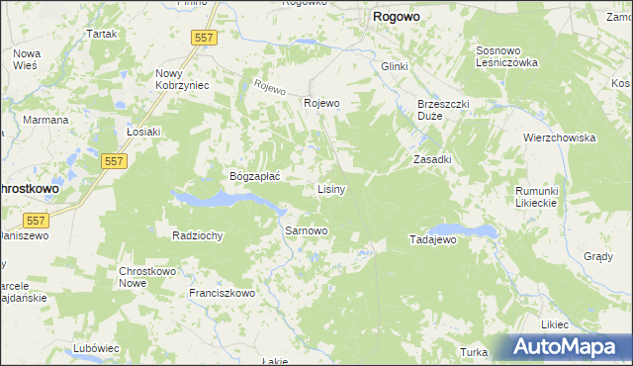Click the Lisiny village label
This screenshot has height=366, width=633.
330,189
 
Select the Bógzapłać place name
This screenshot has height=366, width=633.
256,176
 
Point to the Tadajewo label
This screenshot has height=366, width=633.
431,240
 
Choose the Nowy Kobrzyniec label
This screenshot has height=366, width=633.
182,79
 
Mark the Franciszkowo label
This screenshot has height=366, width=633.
223,293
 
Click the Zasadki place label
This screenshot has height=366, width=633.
432,159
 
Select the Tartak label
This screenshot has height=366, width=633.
102,34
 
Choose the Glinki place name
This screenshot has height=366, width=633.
394,66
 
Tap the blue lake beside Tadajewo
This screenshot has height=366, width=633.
472,230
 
